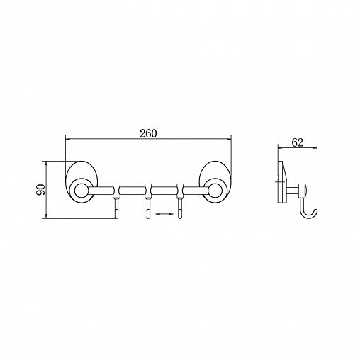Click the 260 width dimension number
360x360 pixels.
(148, 133)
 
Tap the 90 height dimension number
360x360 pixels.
(40, 190)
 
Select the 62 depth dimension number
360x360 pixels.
(297, 142)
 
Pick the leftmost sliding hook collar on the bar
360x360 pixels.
(116, 191)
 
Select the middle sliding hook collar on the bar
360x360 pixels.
(148, 191)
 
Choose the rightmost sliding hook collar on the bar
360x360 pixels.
(180, 191)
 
